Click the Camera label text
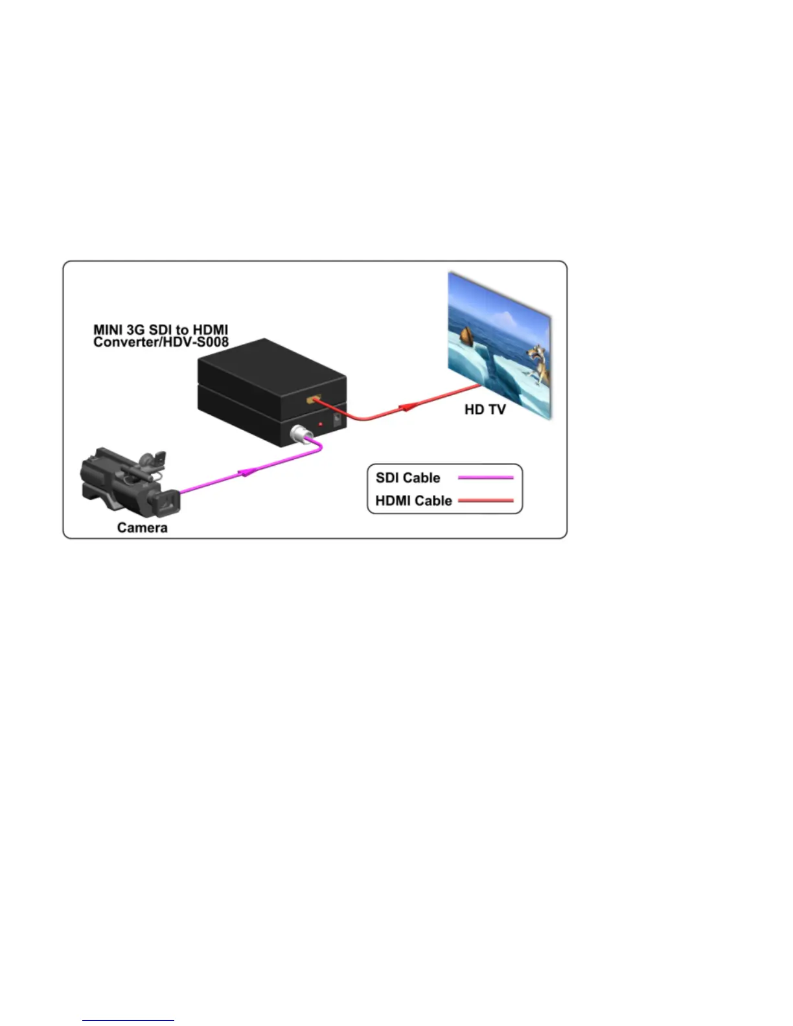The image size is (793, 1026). coord(142,528)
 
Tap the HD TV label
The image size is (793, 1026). coord(485,409)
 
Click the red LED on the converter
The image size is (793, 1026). coord(321,424)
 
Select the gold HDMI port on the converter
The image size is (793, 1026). coord(314,399)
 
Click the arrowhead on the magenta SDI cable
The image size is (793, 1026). coord(247,473)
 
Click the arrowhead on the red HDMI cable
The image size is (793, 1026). coord(407,407)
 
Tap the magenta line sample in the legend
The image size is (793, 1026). coord(486,478)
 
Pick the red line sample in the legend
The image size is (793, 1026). coord(486,501)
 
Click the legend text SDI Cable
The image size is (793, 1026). coord(408,478)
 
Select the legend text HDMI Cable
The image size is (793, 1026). coord(413,501)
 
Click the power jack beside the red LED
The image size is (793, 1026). coord(338,419)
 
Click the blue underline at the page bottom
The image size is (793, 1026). coord(128,1020)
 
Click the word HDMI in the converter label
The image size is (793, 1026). coord(210,330)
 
